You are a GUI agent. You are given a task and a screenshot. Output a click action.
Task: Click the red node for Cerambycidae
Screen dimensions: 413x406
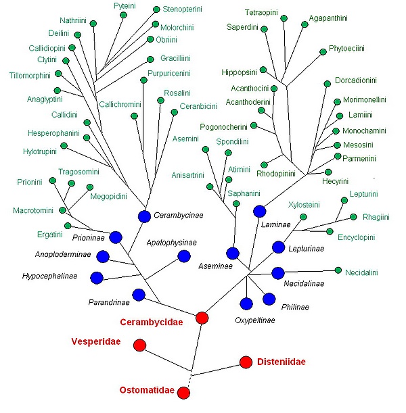[202, 318]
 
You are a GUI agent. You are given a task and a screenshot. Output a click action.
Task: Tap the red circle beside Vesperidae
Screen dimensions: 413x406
[139, 345]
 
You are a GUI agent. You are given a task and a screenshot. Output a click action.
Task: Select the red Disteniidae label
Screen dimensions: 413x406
[281, 362]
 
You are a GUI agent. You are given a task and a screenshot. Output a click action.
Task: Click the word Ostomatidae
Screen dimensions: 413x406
[147, 391]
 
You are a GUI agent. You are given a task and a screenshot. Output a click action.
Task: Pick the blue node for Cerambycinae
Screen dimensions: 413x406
[144, 216]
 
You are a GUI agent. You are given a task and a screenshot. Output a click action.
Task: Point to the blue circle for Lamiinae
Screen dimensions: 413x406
[259, 211]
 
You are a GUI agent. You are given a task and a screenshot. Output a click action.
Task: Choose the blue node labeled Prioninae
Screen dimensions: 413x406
[115, 237]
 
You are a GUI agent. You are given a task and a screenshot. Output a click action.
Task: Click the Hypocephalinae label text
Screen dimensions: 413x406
[49, 276]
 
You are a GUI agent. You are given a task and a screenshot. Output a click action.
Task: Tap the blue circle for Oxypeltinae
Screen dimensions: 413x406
[246, 303]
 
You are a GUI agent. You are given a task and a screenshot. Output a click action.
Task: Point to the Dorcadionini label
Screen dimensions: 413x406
[355, 80]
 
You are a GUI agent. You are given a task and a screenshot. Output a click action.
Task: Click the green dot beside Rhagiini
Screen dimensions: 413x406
[354, 217]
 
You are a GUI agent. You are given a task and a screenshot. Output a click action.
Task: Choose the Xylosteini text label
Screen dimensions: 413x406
[302, 204]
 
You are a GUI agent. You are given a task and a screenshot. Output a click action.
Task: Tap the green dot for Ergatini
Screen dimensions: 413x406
[67, 226]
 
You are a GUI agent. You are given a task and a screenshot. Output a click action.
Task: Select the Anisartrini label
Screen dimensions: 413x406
[187, 175]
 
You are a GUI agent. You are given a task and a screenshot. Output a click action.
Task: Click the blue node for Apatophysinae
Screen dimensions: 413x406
[183, 256]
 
